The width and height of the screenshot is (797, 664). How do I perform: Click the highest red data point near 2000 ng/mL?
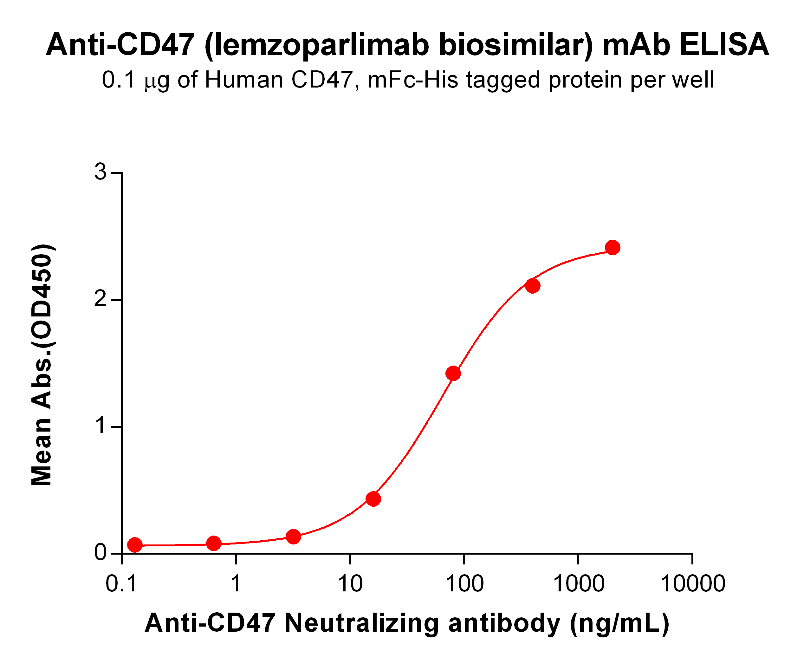612,248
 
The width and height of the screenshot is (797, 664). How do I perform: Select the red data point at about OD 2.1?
533,286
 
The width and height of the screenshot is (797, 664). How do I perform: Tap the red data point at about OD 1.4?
453,374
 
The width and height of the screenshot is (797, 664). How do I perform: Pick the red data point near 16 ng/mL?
373,499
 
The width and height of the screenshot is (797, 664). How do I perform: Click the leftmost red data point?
135,545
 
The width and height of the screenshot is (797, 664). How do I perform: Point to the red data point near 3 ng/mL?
293,537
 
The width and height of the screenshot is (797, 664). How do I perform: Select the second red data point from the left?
214,543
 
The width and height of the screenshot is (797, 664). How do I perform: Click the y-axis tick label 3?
100,173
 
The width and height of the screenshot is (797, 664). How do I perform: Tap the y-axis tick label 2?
100,300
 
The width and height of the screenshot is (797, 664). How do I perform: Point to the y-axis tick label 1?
100,426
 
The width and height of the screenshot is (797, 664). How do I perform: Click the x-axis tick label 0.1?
121,583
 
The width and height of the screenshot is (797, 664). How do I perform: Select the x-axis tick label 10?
350,583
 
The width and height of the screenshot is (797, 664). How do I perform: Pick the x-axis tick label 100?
464,583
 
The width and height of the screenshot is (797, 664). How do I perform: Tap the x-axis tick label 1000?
578,583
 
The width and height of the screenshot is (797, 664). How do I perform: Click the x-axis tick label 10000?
693,583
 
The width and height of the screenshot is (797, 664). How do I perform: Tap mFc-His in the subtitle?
413,81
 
